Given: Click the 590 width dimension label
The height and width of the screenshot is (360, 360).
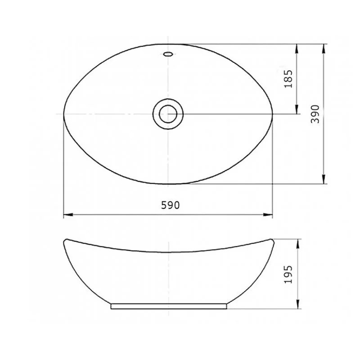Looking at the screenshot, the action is click(170, 205).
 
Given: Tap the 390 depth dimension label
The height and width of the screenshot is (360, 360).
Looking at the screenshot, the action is click(315, 114).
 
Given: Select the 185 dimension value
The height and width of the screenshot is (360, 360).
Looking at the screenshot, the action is click(288, 79).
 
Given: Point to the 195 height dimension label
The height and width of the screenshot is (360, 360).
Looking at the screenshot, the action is click(288, 274).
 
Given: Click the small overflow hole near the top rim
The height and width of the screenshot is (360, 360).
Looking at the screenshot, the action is click(168, 54).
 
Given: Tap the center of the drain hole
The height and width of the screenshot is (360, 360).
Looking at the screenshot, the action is click(168, 114).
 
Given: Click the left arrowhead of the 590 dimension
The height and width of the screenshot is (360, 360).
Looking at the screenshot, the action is click(68, 215).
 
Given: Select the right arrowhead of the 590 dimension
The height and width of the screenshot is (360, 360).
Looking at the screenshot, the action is click(268, 215).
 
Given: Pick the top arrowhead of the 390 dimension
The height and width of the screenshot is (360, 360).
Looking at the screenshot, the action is click(324, 49).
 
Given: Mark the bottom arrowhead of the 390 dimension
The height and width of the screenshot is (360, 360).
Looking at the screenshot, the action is click(324, 179).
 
